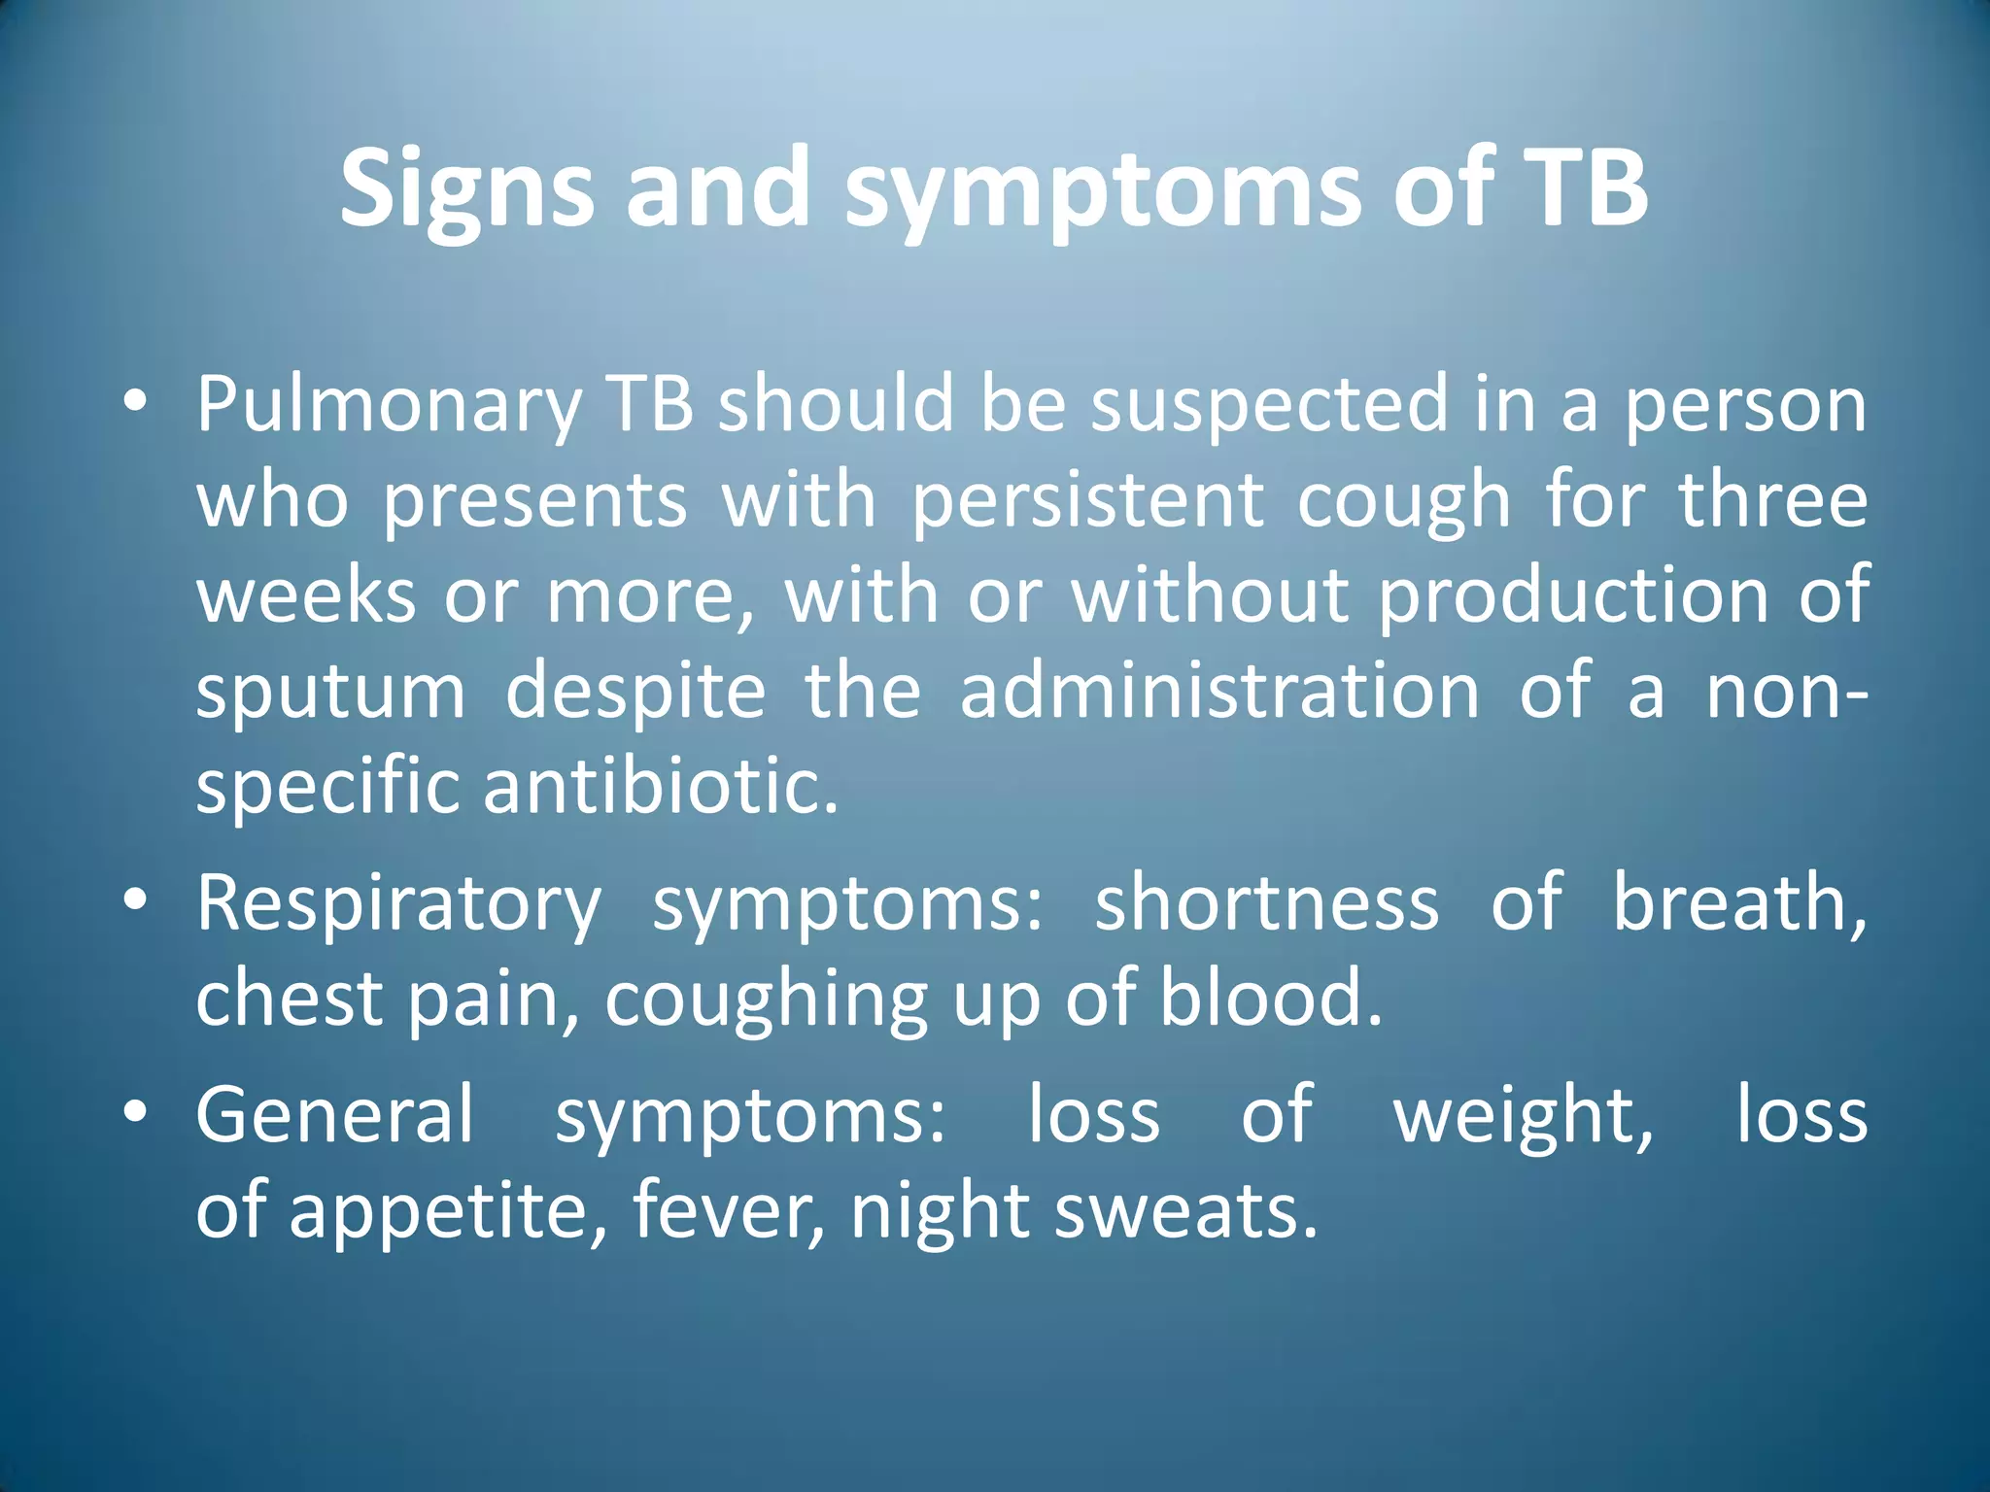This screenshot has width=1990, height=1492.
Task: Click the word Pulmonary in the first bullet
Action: tap(389, 404)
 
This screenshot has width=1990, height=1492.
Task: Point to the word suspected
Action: tap(1269, 404)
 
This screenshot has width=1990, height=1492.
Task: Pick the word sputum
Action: tap(330, 693)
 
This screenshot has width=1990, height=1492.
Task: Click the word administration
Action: tap(1219, 691)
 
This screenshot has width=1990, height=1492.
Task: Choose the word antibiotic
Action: tap(661, 786)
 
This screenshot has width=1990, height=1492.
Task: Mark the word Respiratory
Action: tap(398, 903)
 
